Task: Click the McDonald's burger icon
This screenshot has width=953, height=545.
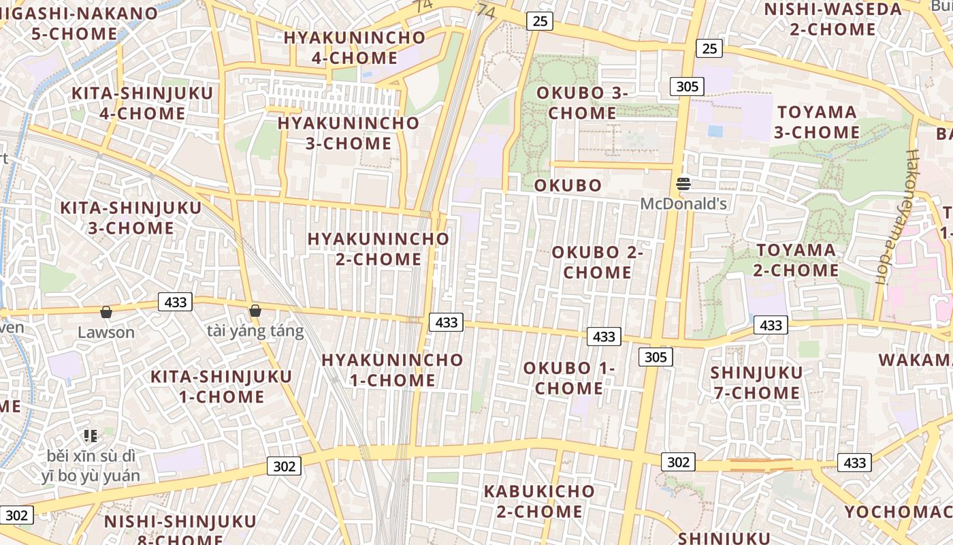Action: point(683,183)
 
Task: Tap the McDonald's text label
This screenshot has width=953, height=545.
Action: point(683,204)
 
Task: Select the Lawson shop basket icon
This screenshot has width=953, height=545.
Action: point(106,312)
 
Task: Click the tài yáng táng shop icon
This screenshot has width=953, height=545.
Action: point(255,311)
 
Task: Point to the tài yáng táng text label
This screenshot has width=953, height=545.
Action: point(255,332)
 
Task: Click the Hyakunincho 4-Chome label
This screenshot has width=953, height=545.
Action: point(354,48)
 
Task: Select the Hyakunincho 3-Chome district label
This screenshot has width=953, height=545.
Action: point(349,133)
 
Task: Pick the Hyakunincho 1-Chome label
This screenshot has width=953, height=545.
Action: point(392,370)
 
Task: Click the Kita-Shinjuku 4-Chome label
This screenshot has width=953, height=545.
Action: point(142,103)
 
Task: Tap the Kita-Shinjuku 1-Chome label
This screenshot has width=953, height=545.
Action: point(221,386)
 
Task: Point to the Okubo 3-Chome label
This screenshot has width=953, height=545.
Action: point(581,103)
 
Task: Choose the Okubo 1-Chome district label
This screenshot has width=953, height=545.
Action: point(569,378)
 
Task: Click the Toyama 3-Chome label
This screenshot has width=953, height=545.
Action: point(817,122)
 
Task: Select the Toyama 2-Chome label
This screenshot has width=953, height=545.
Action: point(796,260)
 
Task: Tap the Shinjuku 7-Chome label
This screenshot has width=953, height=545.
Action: point(756,383)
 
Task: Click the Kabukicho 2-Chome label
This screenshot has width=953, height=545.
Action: point(539,501)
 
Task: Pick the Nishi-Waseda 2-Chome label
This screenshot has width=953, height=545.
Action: point(833,19)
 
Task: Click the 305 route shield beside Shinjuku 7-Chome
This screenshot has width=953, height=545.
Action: point(656,357)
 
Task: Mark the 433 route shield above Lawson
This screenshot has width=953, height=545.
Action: point(176,302)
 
